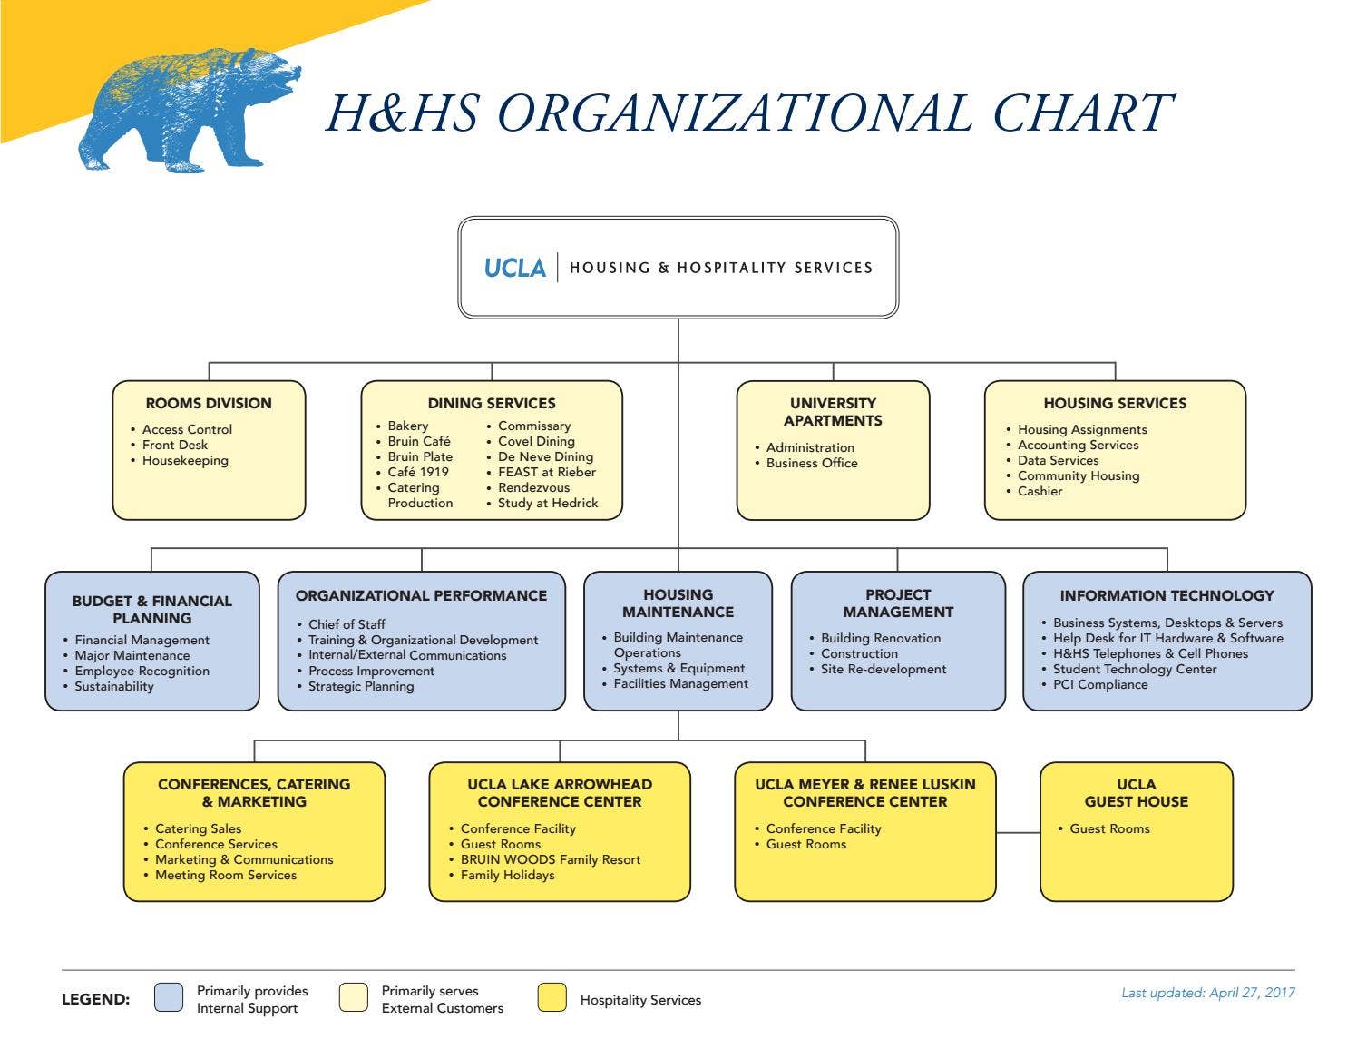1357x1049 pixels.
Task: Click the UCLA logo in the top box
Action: click(514, 268)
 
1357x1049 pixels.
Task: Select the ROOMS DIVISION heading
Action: click(209, 403)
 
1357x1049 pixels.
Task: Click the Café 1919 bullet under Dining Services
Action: click(418, 473)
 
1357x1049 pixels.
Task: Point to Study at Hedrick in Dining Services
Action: click(548, 503)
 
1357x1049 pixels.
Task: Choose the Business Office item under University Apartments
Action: click(812, 463)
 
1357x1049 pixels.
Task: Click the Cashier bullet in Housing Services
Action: click(1040, 491)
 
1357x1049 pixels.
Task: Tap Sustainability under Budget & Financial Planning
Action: click(114, 686)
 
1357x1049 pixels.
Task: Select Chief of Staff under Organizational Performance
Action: click(347, 624)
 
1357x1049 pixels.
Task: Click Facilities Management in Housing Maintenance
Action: click(680, 683)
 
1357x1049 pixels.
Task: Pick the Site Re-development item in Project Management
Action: click(883, 669)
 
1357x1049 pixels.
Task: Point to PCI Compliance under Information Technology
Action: click(1100, 684)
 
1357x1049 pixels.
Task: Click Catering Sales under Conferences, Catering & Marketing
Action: click(198, 828)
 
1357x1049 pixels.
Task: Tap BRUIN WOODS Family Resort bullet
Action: click(551, 859)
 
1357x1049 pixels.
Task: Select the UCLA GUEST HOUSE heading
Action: click(1136, 793)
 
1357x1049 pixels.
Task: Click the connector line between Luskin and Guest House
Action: click(1018, 832)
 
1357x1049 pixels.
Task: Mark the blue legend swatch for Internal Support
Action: click(169, 997)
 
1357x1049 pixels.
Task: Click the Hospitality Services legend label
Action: click(640, 1000)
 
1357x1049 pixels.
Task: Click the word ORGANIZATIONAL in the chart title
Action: click(734, 113)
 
